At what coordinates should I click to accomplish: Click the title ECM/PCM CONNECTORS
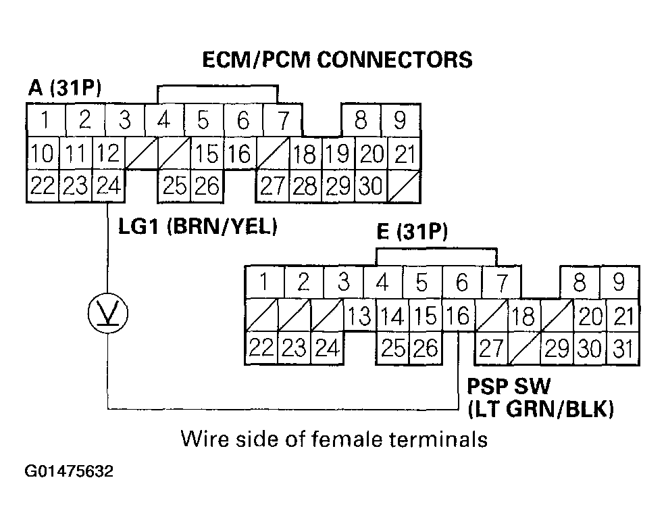click(x=338, y=59)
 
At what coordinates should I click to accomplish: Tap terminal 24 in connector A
click(x=108, y=185)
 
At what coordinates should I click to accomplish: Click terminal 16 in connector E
click(x=458, y=316)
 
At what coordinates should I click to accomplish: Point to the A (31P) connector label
click(x=64, y=88)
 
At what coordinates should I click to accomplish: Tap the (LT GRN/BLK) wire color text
click(x=540, y=408)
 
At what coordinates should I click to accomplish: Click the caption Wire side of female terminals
click(x=333, y=439)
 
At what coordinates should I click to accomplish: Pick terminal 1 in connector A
click(x=45, y=121)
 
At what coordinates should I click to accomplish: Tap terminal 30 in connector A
click(x=370, y=185)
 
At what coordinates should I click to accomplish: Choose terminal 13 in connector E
click(x=359, y=316)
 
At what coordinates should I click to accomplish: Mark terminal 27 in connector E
click(x=491, y=348)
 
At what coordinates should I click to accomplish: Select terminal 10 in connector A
click(x=42, y=155)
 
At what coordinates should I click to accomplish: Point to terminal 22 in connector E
click(x=261, y=348)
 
